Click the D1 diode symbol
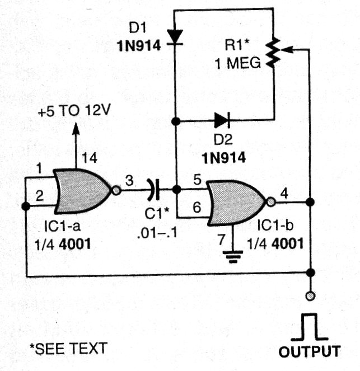pyautogui.click(x=175, y=37)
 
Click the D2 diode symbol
pyautogui.click(x=222, y=121)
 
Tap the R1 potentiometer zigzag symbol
pyautogui.click(x=273, y=53)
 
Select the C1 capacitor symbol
pyautogui.click(x=154, y=190)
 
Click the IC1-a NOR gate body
pyautogui.click(x=82, y=191)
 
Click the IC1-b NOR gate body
pyautogui.click(x=236, y=203)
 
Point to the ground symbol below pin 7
pyautogui.click(x=233, y=257)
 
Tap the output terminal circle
pyautogui.click(x=310, y=296)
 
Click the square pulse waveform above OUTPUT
pyautogui.click(x=310, y=327)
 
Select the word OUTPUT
pyautogui.click(x=310, y=351)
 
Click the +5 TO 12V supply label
pyautogui.click(x=74, y=110)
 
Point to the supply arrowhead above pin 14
pyautogui.click(x=76, y=129)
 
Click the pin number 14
pyautogui.click(x=90, y=158)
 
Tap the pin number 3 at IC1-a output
pyautogui.click(x=129, y=181)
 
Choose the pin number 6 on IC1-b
pyautogui.click(x=197, y=207)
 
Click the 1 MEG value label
pyautogui.click(x=238, y=63)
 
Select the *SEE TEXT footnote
pyautogui.click(x=68, y=348)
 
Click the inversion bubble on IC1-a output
pyautogui.click(x=116, y=190)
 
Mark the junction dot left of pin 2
pyautogui.click(x=26, y=206)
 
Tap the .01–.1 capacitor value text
pyautogui.click(x=157, y=234)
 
